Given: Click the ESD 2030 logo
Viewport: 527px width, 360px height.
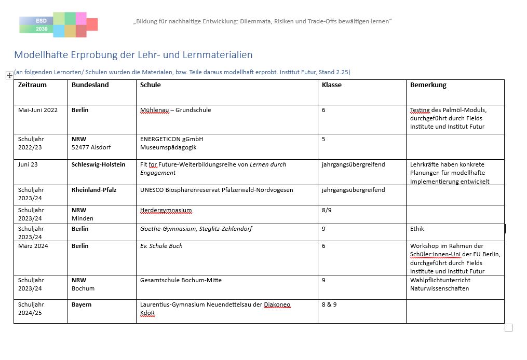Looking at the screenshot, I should coord(58,25).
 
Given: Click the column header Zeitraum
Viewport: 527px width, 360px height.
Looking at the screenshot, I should coord(32,85).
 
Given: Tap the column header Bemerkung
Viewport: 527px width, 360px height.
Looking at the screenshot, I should coord(428,85).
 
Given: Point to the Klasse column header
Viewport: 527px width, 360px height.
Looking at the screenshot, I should coord(331,85).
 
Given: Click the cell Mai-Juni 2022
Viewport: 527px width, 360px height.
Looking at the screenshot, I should coord(38,110).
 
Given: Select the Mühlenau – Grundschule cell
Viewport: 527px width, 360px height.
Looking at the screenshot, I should coord(175,110).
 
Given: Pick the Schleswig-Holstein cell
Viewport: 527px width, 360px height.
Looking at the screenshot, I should coord(98,164).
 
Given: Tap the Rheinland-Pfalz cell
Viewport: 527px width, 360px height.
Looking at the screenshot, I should coord(93,190).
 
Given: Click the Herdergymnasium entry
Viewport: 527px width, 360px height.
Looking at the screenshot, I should coord(166,210).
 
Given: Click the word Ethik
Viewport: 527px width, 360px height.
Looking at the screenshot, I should coord(417,229).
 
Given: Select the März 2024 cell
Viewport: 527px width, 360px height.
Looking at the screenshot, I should coord(33,246).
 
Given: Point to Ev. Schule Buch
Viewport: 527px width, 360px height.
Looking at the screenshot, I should coord(161,246).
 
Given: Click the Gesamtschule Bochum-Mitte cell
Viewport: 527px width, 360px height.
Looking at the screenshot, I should coord(181,280).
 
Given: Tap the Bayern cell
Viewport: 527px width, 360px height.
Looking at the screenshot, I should coord(82,304).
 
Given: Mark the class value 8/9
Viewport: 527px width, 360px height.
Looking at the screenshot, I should coord(327,210).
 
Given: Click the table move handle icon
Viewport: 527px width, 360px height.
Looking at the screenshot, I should coord(9,75).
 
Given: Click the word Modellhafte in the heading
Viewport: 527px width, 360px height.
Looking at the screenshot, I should coord(38,54).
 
